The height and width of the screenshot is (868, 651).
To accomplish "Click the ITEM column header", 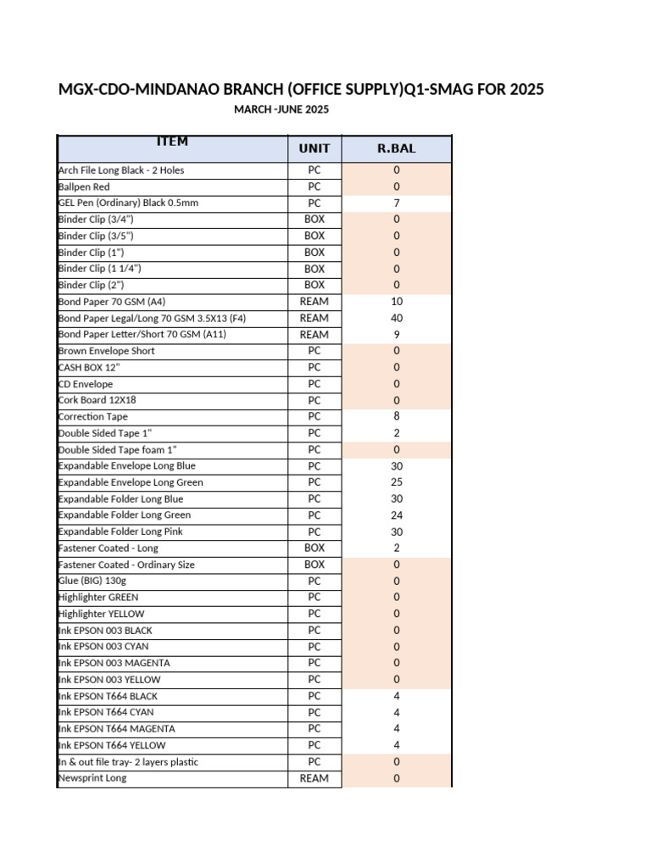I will coord(171,142).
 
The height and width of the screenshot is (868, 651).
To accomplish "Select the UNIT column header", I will coord(314,149).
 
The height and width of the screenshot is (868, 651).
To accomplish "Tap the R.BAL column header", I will coord(397,149).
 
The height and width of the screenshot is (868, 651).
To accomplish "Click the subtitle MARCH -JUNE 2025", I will coord(281,109).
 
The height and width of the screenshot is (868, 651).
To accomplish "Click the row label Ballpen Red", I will coord(84,186).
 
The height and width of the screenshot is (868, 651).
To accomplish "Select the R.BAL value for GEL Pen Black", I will coord(397,203).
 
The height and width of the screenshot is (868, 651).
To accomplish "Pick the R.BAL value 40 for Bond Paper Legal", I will coord(397,318).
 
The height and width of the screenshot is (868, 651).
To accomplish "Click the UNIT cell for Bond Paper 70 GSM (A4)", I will coord(314,302).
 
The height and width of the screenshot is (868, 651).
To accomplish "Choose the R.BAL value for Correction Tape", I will coord(397,416).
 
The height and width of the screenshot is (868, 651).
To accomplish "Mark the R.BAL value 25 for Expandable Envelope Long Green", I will coord(397,482).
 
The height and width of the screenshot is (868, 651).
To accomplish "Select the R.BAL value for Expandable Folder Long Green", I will coord(397,515).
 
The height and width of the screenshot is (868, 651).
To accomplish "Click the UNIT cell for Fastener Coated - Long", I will coord(314,548).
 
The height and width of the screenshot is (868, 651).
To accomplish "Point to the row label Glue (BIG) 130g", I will coord(92,581).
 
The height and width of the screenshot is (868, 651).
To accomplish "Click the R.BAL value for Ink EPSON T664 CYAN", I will coord(397,712).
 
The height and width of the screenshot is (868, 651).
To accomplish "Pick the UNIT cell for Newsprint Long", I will coord(314,778).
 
